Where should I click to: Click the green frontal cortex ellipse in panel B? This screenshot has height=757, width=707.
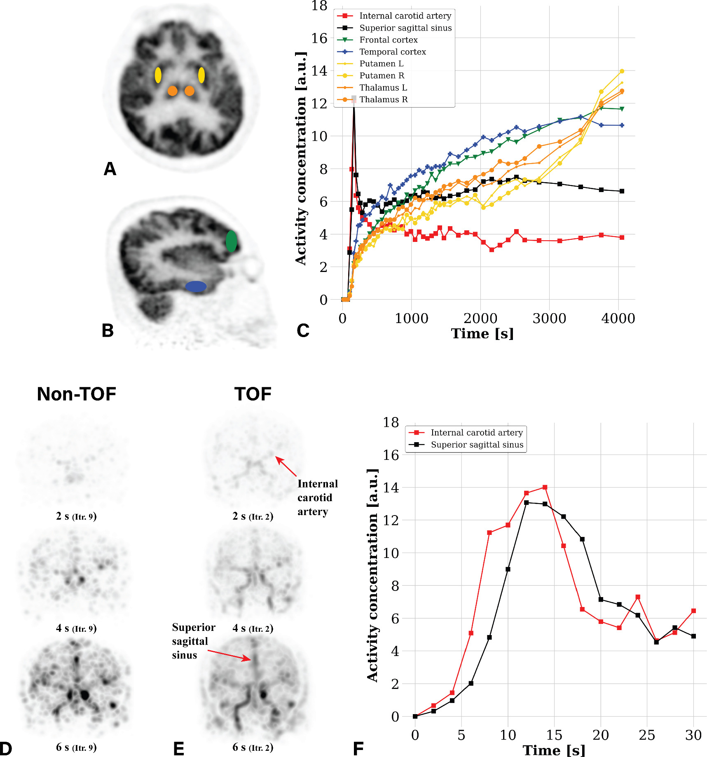point(231,241)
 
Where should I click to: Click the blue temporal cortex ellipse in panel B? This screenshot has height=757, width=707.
point(196,286)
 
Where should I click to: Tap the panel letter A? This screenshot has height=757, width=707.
point(110,169)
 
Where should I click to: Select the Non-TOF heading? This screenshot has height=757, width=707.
point(77,394)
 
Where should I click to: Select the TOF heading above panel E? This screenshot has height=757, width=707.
point(253,394)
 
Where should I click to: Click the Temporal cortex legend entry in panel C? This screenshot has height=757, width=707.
point(392,52)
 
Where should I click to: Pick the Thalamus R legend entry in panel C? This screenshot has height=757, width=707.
point(383,100)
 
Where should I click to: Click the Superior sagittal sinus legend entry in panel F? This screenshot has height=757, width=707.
point(477,445)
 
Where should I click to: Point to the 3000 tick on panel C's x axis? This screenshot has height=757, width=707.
point(549,318)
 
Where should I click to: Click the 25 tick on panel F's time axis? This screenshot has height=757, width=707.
point(647,735)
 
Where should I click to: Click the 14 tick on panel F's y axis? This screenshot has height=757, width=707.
point(391,487)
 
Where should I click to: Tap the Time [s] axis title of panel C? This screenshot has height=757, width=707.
point(482,333)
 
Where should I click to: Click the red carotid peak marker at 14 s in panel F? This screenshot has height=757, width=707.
point(545,487)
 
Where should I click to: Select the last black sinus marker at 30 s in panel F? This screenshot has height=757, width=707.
point(693,636)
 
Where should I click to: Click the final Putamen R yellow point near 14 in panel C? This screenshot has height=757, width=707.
point(622,71)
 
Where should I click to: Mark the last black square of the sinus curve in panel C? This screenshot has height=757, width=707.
point(622,191)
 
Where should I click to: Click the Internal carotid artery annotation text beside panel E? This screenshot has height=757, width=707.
point(317,497)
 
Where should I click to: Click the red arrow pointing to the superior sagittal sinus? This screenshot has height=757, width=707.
point(229,655)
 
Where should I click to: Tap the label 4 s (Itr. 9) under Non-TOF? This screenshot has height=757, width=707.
point(76,628)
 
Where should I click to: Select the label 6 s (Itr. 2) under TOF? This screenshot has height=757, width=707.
point(253,747)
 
